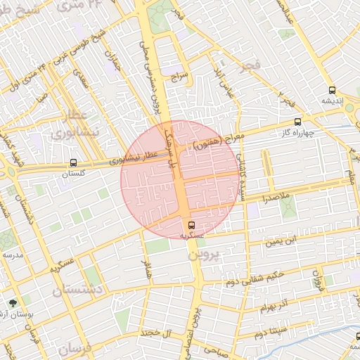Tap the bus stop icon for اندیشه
pyautogui.click(x=332, y=90)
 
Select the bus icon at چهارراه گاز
pyautogui.click(x=298, y=121)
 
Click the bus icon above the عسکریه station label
pyautogui.click(x=192, y=225)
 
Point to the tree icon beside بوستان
pyautogui.click(x=13, y=304)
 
